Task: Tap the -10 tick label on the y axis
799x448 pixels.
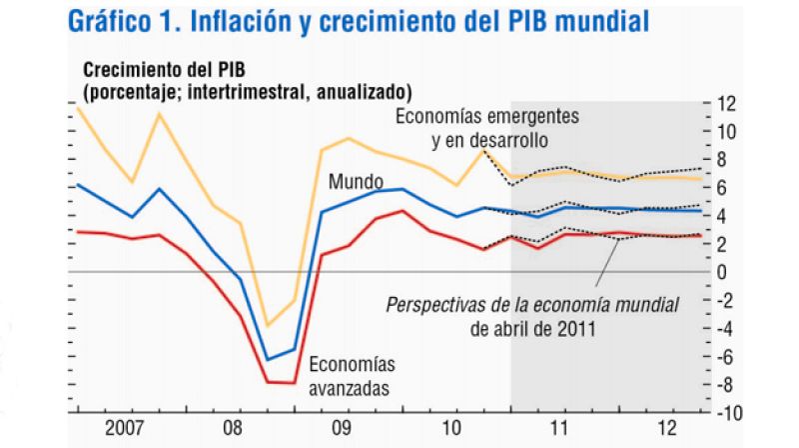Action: [723, 412]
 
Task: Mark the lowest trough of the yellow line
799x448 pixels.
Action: [267, 325]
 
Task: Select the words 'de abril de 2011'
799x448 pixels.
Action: [532, 326]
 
